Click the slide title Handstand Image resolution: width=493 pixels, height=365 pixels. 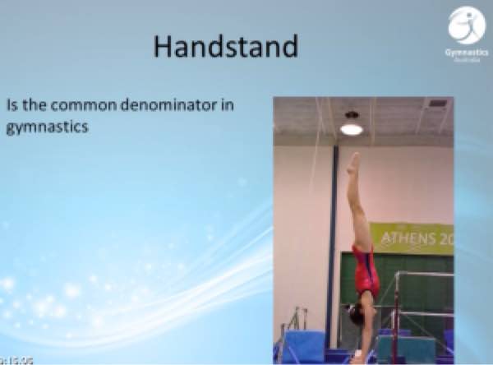tap(225, 46)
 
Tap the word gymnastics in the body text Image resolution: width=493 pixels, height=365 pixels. tap(46, 128)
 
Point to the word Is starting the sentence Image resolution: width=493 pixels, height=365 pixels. tap(11, 106)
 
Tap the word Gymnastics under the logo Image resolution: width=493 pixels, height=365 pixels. tap(466, 52)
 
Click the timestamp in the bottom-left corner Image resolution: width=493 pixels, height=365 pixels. tap(12, 359)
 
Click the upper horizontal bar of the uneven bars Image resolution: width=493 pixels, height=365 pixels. tap(423, 275)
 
